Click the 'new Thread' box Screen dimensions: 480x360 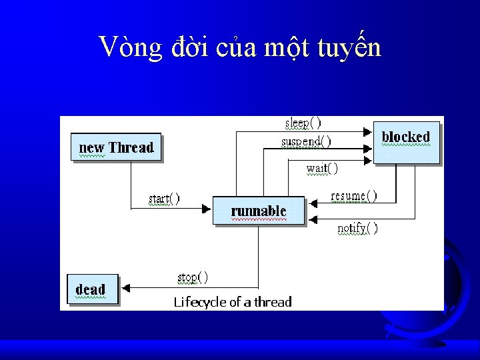click(116, 147)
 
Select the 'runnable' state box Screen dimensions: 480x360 click(259, 211)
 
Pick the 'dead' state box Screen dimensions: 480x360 click(92, 289)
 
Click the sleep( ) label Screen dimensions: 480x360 click(303, 123)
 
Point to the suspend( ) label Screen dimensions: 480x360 click(305, 141)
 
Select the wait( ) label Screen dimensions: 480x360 click(322, 169)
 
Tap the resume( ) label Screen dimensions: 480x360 click(353, 196)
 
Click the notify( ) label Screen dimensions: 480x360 click(357, 229)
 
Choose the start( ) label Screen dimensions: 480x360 click(163, 199)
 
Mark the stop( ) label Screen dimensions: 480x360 click(192, 277)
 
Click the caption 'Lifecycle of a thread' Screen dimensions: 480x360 click(233, 302)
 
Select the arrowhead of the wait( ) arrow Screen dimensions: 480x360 click(367, 161)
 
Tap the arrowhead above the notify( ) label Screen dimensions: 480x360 click(311, 219)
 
